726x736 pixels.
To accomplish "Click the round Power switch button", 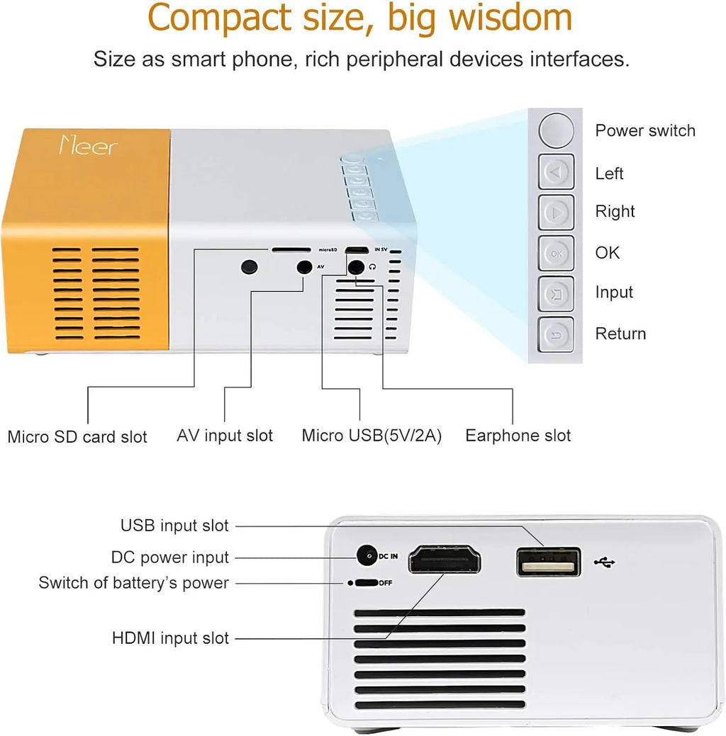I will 556,130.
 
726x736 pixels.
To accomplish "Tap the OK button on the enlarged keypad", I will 557,252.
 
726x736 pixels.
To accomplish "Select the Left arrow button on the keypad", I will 557,172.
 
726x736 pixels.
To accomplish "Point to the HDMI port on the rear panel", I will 445,560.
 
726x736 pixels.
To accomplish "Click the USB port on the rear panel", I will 549,562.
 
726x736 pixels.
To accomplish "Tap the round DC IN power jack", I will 367,556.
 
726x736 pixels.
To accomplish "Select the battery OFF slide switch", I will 366,583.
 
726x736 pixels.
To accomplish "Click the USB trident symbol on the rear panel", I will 605,562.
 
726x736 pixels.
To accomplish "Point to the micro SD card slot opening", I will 291,250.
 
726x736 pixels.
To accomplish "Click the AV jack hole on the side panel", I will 305,267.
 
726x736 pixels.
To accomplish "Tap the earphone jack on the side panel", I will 356,267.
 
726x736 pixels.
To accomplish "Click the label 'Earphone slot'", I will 518,435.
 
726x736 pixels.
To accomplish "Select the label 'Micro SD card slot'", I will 77,436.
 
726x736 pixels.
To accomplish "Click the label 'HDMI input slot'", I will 171,638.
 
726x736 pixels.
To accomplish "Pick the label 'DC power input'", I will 170,557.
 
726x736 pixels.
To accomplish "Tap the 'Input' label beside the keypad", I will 614,292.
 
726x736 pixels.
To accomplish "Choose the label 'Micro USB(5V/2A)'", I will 372,435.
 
